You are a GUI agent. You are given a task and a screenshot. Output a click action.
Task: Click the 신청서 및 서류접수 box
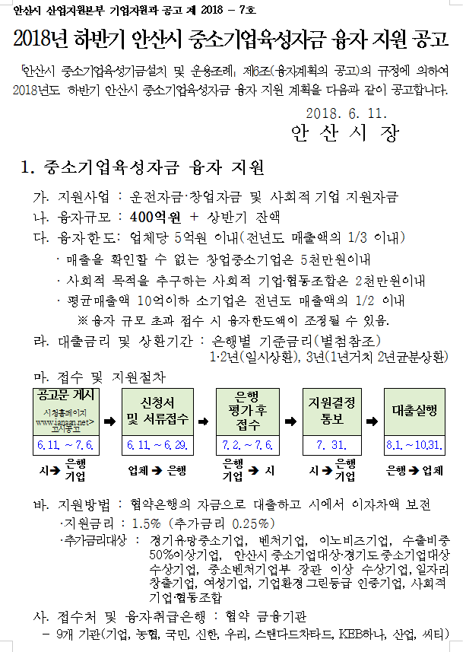[158, 410]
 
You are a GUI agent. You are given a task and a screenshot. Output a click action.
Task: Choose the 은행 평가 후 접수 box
[248, 410]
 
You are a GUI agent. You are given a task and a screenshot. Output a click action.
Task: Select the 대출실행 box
[414, 410]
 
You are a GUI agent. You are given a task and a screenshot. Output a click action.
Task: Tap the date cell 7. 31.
[331, 444]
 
